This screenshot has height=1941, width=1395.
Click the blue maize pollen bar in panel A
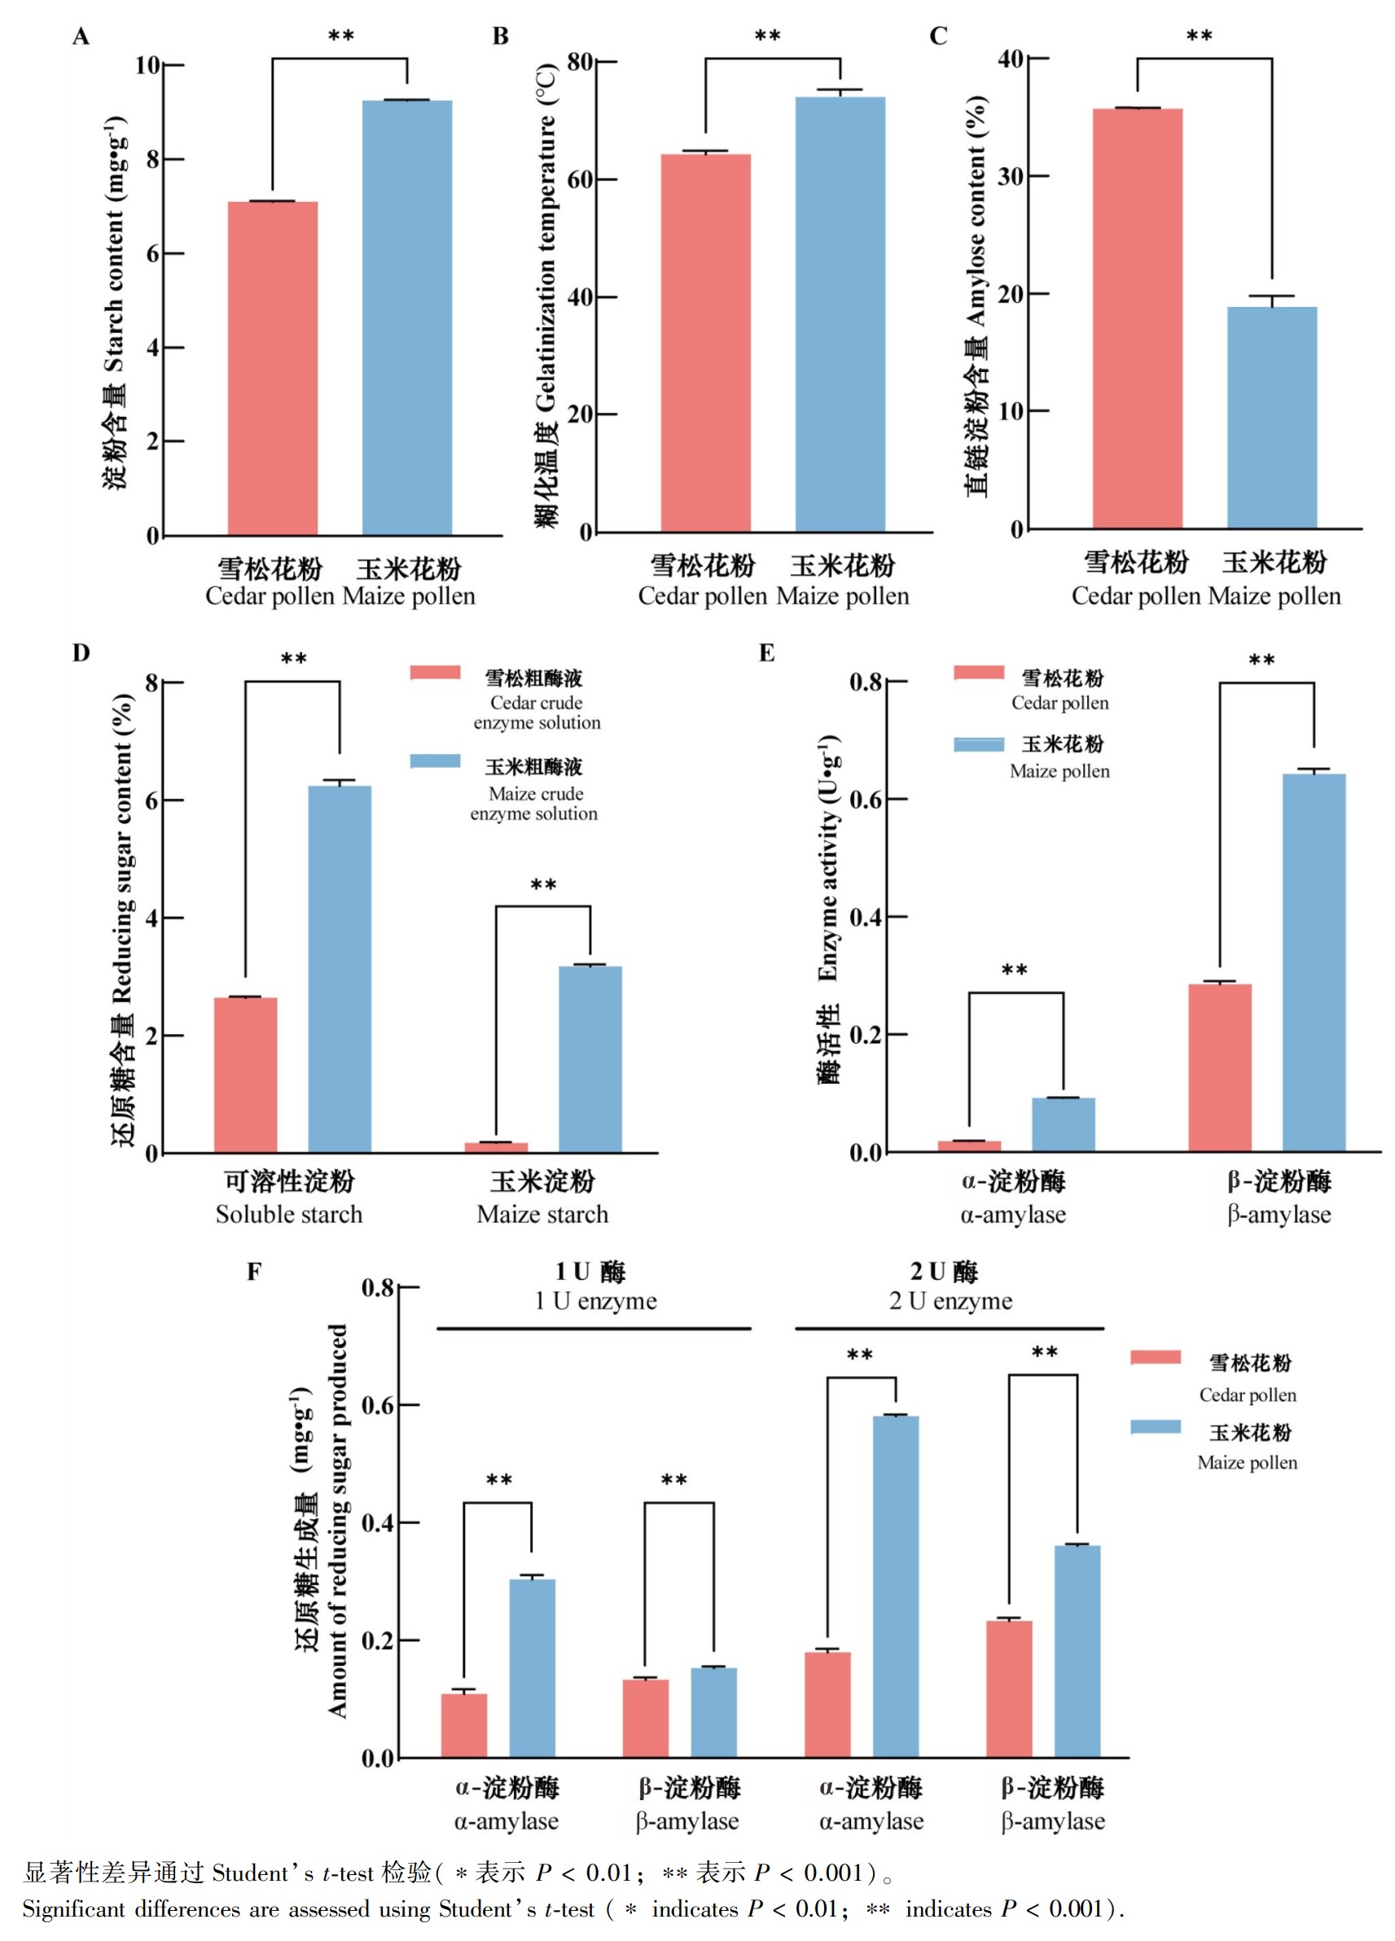pos(406,318)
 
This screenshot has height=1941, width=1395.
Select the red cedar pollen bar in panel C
pos(1138,318)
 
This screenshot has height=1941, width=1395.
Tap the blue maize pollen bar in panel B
pos(840,314)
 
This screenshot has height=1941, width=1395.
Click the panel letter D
pos(81,653)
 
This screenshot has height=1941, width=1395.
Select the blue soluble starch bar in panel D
pos(340,969)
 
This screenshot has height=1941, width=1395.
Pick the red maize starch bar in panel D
pos(497,1148)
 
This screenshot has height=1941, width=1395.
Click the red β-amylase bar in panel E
pos(1220,1068)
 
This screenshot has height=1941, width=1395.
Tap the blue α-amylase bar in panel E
pos(1063,1124)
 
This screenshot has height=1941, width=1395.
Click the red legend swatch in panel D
pos(436,673)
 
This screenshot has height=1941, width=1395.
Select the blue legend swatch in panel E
pos(979,744)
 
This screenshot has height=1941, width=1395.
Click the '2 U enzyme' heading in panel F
pos(950,1302)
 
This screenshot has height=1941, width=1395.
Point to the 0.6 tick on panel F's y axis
pos(377,1405)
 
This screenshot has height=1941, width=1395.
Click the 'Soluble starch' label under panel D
pos(289,1215)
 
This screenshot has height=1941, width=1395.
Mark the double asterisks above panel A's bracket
pos(340,36)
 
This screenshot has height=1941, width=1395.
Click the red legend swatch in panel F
pos(1156,1357)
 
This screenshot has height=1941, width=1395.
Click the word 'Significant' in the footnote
pos(73,1909)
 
